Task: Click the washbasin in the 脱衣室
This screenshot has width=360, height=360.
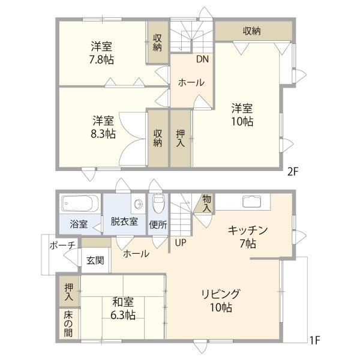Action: pos(138,203)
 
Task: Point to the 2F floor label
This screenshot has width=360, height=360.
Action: pos(293,172)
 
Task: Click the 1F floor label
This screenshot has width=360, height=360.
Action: pos(315,340)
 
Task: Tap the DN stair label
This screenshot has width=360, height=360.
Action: pos(202,59)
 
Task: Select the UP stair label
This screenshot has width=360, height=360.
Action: pos(181,242)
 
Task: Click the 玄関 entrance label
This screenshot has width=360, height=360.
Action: pos(95,260)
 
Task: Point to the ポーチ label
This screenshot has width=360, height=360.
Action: pos(62,245)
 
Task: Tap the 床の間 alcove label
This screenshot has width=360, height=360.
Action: pos(68,324)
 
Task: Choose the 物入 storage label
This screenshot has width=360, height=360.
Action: pos(207,203)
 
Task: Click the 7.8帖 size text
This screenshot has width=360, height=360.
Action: pos(101,59)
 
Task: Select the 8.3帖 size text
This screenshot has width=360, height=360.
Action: pos(103,134)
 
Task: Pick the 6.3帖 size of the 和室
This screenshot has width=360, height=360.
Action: pos(123,315)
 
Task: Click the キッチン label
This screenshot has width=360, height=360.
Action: pos(248,230)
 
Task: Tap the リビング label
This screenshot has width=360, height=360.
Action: pos(221,294)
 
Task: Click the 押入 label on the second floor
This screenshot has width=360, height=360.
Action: pos(181,139)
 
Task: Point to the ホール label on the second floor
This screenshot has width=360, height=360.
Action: pos(191,82)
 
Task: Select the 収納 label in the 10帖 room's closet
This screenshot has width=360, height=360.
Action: pos(252,31)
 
